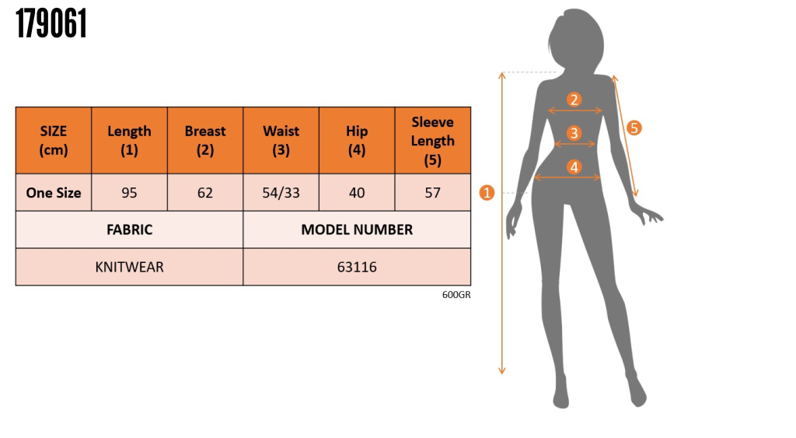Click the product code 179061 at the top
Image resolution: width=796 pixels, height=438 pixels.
[x=51, y=25]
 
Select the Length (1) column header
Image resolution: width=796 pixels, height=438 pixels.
[x=129, y=141]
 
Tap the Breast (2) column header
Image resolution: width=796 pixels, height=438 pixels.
[x=205, y=141]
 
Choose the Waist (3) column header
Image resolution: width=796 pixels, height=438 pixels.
[x=281, y=141]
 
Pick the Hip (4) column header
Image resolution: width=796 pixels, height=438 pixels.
[x=357, y=141]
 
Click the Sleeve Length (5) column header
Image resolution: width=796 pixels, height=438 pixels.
[x=432, y=141]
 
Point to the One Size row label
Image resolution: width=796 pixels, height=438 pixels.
[x=54, y=193]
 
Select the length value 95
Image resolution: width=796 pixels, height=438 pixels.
[x=129, y=193]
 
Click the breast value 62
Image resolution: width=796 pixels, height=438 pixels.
[x=205, y=193]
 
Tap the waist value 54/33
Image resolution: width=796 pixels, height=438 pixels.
[x=281, y=193]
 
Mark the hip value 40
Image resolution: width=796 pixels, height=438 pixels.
[x=357, y=193]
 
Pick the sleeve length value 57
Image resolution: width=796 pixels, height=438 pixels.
[x=432, y=193]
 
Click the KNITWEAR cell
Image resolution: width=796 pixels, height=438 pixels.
[x=129, y=267]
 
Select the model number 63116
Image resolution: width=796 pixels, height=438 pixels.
[x=357, y=267]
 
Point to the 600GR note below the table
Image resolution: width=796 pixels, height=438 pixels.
[x=457, y=295]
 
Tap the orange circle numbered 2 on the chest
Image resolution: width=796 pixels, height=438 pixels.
[x=574, y=100]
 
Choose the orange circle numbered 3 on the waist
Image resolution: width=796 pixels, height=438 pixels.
[x=574, y=133]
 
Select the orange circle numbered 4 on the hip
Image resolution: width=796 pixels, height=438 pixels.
[x=574, y=166]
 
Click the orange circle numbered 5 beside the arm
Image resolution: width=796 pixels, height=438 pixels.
[x=634, y=128]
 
